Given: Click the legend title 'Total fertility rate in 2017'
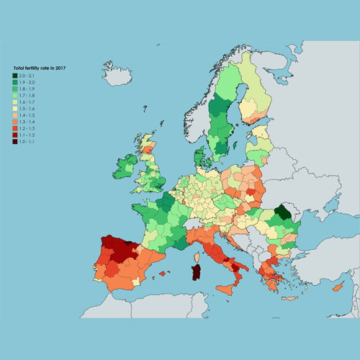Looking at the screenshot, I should (x=40, y=68).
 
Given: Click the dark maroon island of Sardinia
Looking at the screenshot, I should (x=194, y=273).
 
